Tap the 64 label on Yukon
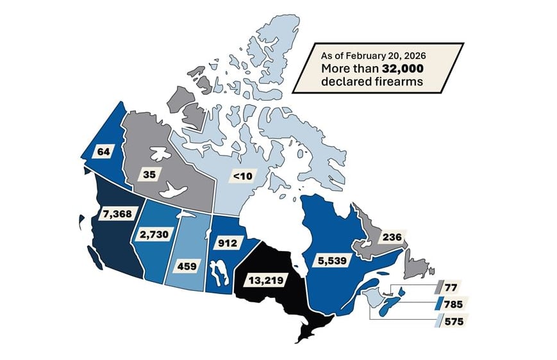103,151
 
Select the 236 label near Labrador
392,237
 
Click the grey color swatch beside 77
441,286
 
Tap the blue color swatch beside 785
441,303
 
